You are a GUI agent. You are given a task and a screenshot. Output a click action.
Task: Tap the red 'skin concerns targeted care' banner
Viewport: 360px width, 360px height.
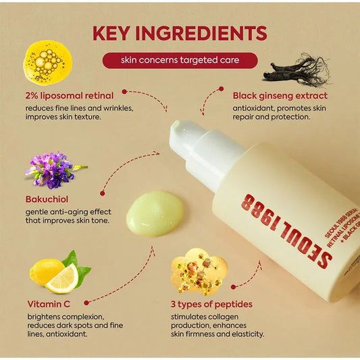(180, 61)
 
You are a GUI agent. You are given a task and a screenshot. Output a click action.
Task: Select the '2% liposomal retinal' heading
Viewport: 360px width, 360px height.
(70, 95)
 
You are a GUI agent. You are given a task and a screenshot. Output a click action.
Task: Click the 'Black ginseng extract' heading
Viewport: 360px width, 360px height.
(280, 95)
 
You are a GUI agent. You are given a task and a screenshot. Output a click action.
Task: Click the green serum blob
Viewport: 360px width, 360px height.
(155, 212)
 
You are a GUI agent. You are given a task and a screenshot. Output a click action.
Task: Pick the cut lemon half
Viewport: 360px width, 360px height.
(62, 278)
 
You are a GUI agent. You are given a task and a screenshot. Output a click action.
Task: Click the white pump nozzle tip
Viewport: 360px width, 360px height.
(176, 126)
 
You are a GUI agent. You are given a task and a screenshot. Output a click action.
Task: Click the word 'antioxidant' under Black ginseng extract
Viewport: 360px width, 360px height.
(255, 107)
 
